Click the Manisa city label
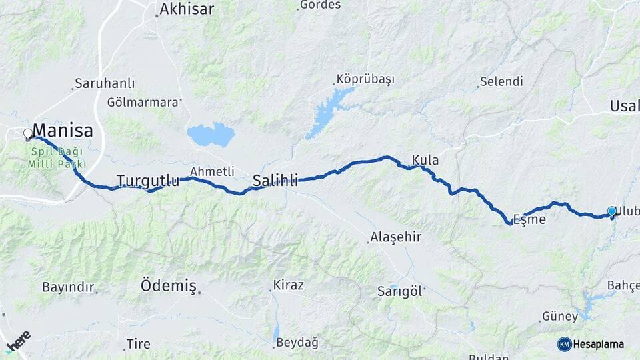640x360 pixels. coord(63,129)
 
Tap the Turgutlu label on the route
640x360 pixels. coord(148,180)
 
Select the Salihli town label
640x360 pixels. coord(275,179)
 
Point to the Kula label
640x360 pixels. coord(425,160)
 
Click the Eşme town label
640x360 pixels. coord(529,219)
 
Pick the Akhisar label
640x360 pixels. coord(186,9)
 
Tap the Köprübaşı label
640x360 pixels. coord(365,79)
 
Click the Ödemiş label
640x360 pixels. coord(169,287)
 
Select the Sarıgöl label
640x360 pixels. coord(400,291)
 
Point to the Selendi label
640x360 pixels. coord(501,82)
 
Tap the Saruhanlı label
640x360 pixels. coord(105,83)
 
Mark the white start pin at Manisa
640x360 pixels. coord(28,134)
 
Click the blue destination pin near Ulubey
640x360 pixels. coord(612,212)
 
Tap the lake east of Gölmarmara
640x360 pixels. coord(211,134)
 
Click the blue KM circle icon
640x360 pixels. coord(564,344)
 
